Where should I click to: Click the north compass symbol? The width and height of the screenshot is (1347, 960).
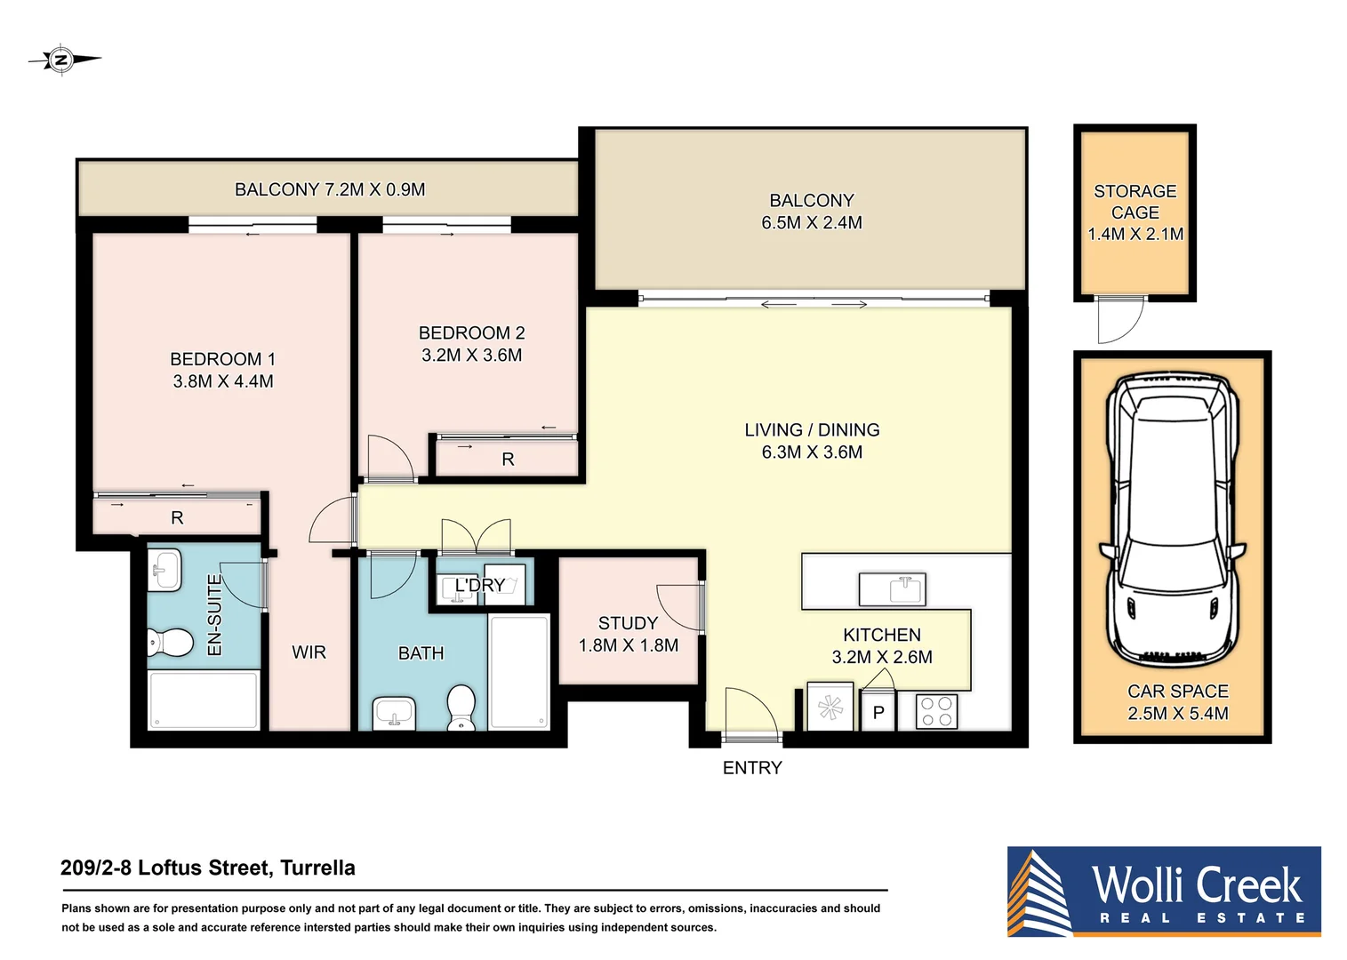tap(61, 60)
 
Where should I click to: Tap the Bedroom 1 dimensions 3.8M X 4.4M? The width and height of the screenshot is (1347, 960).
tap(223, 381)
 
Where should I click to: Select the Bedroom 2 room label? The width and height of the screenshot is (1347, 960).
tap(471, 333)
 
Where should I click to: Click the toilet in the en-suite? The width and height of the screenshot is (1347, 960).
tap(170, 642)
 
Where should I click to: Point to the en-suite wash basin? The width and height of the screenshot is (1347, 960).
tap(165, 569)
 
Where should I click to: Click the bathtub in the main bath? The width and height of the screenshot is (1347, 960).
tap(519, 671)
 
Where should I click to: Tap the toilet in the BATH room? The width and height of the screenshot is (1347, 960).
tap(461, 706)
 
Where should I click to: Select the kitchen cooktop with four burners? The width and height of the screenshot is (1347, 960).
tap(936, 711)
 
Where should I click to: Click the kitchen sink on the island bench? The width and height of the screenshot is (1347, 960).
tap(892, 588)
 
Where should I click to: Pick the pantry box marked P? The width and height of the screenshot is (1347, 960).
tap(878, 712)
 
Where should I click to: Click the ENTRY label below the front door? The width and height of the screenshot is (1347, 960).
tap(752, 768)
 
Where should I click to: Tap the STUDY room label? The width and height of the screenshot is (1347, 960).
tap(628, 623)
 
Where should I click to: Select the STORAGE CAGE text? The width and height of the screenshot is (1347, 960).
tap(1135, 202)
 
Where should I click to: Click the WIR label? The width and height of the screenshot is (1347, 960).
tap(309, 652)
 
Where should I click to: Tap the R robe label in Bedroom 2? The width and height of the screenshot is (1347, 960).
tap(508, 460)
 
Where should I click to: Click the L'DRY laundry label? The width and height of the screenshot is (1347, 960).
tap(480, 585)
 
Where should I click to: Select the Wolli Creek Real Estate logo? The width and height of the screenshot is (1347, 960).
tap(1164, 892)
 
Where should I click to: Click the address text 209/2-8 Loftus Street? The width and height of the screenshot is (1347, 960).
tap(208, 868)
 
